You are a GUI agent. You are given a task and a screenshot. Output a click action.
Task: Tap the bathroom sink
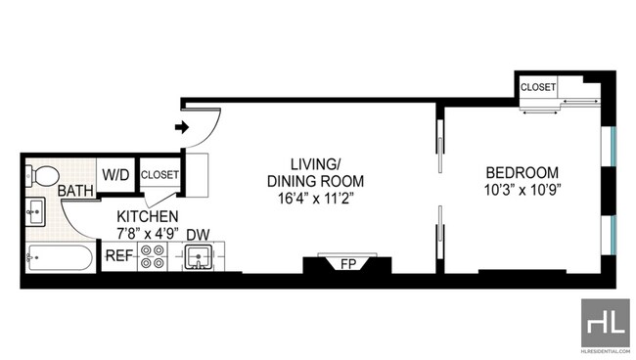pyautogui.click(x=35, y=211)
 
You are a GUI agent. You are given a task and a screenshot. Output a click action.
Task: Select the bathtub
pyautogui.click(x=60, y=257)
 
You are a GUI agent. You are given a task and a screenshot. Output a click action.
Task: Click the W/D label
pyautogui.click(x=115, y=175)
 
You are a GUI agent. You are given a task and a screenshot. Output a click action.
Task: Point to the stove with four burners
pyautogui.click(x=153, y=257)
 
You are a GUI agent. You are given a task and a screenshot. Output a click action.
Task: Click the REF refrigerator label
pyautogui.click(x=118, y=256)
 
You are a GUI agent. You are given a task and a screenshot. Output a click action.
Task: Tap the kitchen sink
pyautogui.click(x=198, y=257)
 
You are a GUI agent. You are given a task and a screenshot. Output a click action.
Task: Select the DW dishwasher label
pyautogui.click(x=198, y=235)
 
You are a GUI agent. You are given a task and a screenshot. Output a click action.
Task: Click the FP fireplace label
pyautogui.click(x=348, y=264)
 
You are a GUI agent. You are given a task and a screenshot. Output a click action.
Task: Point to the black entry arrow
pyautogui.click(x=182, y=127)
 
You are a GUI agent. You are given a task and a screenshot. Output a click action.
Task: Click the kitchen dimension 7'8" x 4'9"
pyautogui.click(x=148, y=235)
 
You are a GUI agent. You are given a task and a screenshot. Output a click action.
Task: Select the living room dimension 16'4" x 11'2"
pyautogui.click(x=316, y=199)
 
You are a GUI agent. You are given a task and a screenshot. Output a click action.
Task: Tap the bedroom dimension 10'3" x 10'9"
pyautogui.click(x=522, y=190)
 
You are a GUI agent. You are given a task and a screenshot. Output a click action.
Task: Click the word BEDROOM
pyautogui.click(x=522, y=173)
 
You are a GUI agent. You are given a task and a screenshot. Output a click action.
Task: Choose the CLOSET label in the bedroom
pyautogui.click(x=538, y=87)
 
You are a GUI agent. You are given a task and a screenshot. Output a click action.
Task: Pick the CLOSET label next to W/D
pyautogui.click(x=159, y=175)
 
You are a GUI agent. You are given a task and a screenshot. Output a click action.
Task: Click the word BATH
pyautogui.click(x=75, y=191)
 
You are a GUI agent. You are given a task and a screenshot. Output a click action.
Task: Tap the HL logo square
pyautogui.click(x=606, y=323)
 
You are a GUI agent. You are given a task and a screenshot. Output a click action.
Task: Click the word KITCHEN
pyautogui.click(x=147, y=217)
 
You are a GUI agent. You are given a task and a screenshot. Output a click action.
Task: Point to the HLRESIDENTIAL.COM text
pyautogui.click(x=606, y=351)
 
